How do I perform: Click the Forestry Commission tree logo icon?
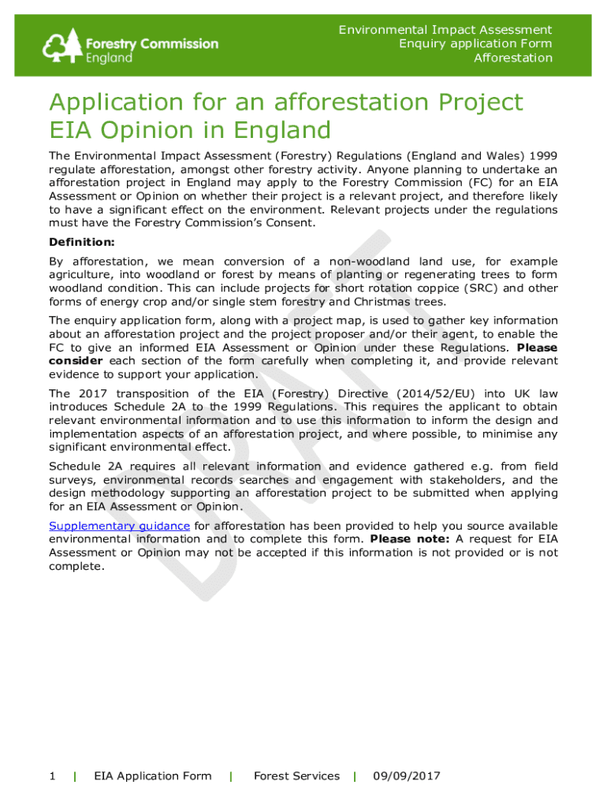click(x=64, y=46)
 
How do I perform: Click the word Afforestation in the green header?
click(x=512, y=58)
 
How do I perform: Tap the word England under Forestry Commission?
click(x=110, y=58)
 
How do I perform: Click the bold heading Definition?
click(x=82, y=242)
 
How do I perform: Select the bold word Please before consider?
click(x=537, y=348)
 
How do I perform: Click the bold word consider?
click(x=76, y=361)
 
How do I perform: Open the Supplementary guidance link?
click(x=119, y=526)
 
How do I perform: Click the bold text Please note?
click(x=410, y=539)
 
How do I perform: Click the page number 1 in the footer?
click(x=52, y=776)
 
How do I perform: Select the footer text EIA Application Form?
click(x=153, y=776)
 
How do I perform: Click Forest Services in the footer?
click(x=296, y=776)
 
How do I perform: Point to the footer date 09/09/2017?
click(x=407, y=776)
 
